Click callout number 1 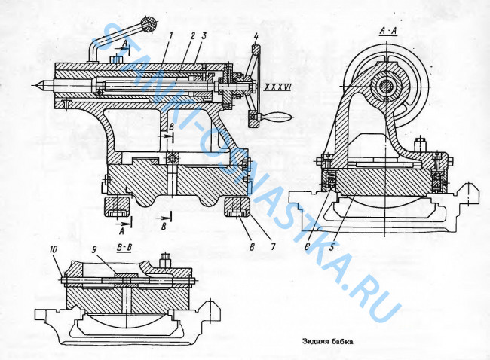click(x=172, y=35)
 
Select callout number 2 click(x=193, y=35)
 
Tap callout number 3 click(x=204, y=35)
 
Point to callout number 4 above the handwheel click(x=256, y=36)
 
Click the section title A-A click(x=386, y=32)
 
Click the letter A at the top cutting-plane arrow click(x=123, y=44)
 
